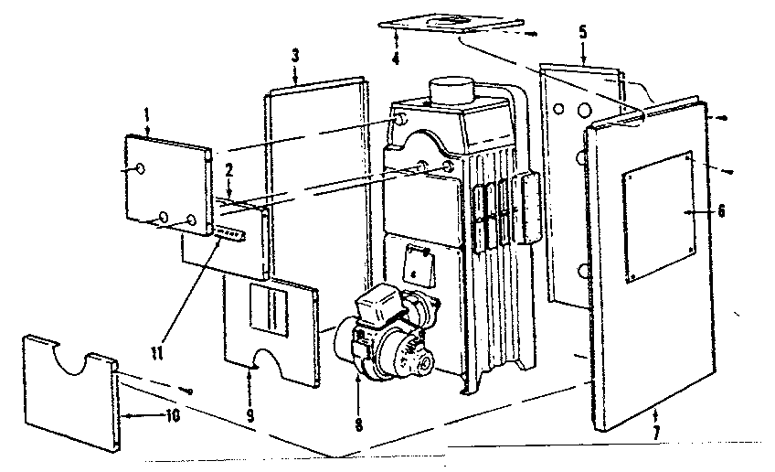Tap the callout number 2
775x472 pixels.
[230, 170]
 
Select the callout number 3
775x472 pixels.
[295, 56]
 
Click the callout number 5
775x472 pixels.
[583, 32]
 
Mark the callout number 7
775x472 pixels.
[655, 429]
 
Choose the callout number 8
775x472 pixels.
[357, 424]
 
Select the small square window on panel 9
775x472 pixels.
[269, 308]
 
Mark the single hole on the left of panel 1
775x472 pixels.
[137, 169]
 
